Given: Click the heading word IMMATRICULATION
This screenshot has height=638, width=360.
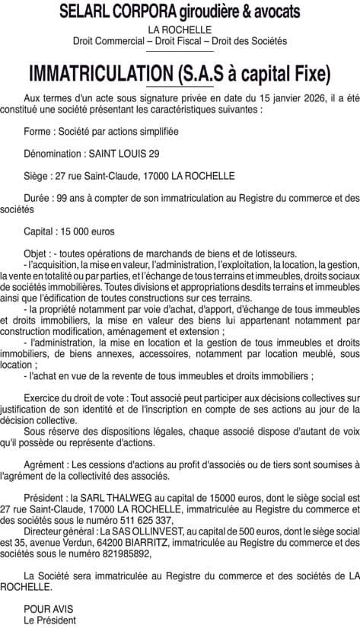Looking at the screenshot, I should pyautogui.click(x=98, y=74).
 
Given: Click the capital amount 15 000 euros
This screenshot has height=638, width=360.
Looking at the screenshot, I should pyautogui.click(x=91, y=231).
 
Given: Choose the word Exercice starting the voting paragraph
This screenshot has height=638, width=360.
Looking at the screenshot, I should pyautogui.click(x=44, y=398).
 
